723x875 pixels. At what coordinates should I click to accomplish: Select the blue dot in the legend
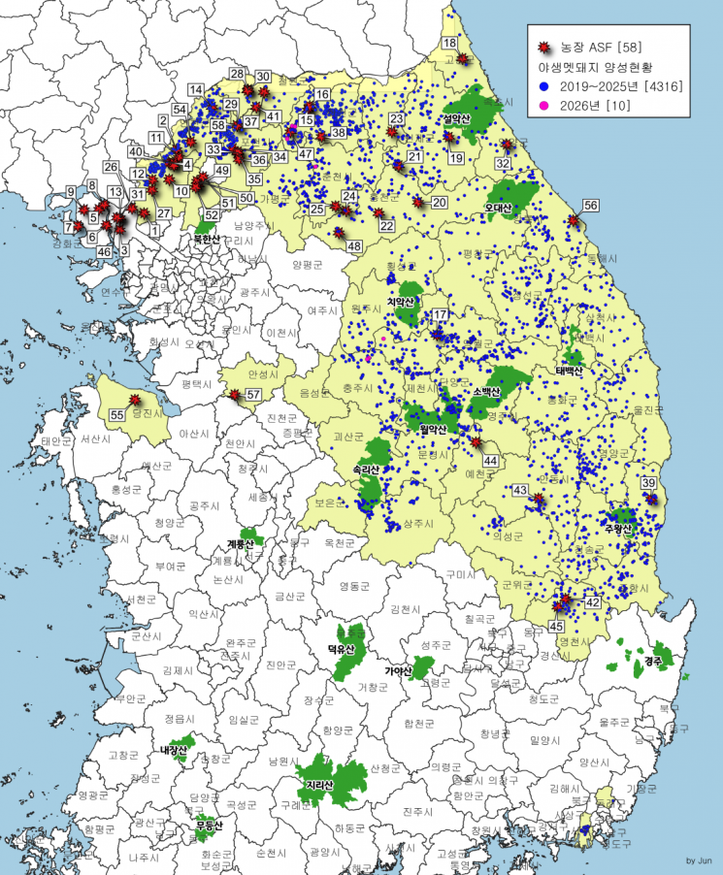coord(544,86)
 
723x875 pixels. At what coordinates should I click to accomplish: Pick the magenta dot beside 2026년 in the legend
coord(544,105)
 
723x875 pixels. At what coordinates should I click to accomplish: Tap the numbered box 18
coord(449,43)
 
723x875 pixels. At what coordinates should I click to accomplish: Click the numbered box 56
coord(590,205)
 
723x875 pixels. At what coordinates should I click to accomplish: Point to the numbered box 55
coord(116,414)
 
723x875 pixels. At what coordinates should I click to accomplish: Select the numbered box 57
coord(253,395)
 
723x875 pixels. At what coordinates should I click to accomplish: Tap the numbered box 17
coord(440,315)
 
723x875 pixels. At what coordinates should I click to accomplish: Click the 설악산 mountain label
coord(456,118)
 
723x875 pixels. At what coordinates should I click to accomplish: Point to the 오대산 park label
coord(498,208)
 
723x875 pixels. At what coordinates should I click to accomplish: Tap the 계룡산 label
coord(240,545)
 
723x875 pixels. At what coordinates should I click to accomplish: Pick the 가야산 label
coord(398,670)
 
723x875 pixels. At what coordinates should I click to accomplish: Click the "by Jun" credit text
coord(699,860)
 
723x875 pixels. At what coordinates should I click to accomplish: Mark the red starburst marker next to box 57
coord(235,394)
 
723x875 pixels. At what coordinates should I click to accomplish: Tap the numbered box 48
coord(354,246)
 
